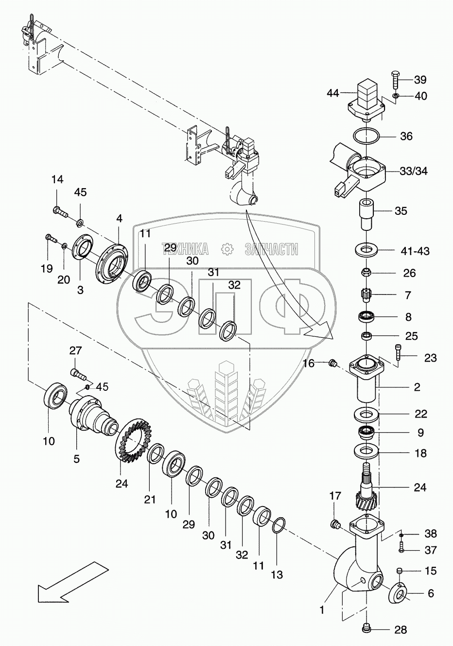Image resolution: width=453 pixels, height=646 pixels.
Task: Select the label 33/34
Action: [x=414, y=172]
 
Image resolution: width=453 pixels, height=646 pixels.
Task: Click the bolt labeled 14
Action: [x=59, y=211]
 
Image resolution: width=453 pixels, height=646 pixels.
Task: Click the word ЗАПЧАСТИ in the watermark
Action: [x=272, y=249]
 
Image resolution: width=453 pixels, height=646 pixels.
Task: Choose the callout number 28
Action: [x=401, y=630]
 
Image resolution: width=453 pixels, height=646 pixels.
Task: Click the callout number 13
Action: [x=277, y=575]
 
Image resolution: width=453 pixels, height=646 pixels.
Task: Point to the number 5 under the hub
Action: [x=77, y=458]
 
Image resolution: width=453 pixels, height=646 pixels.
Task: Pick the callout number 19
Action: [x=47, y=268]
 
